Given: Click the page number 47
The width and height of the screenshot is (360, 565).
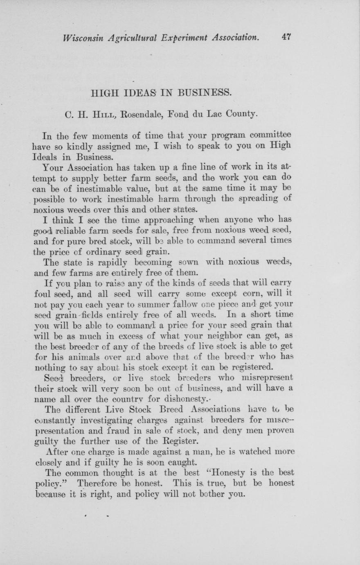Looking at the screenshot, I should (x=286, y=37).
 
